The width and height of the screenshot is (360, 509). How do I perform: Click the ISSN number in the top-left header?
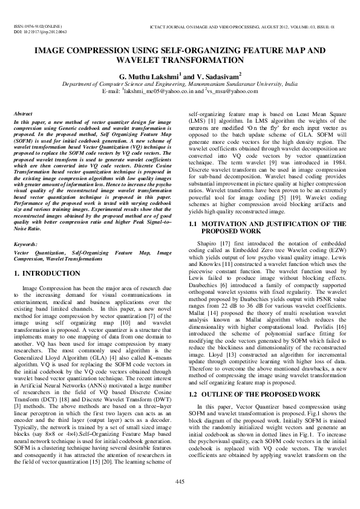37,27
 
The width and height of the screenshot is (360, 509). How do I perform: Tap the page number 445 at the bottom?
180,481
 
